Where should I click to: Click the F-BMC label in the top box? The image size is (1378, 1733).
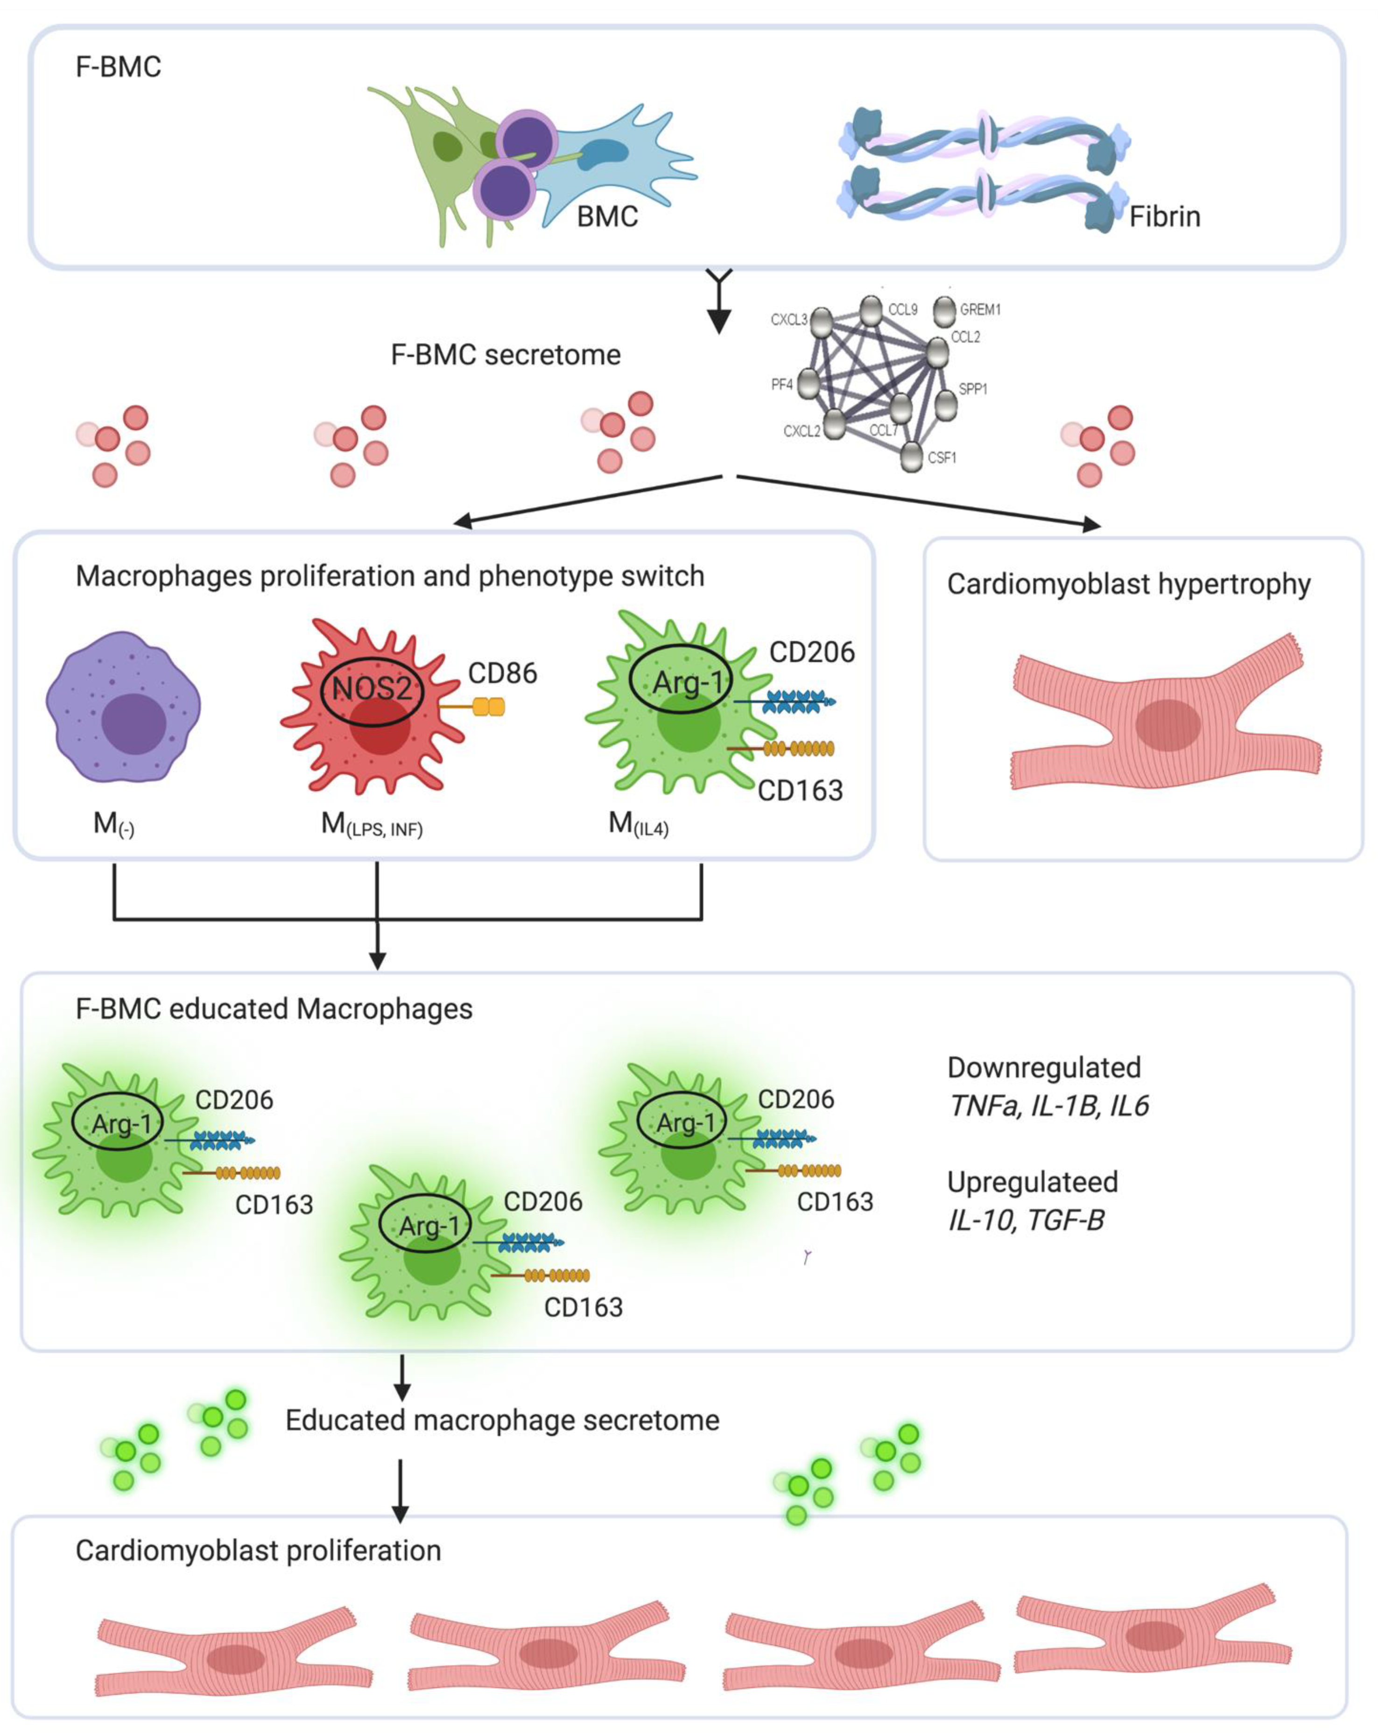pos(118,67)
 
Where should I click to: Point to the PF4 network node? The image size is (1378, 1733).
pos(808,384)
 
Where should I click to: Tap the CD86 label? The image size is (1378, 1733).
pos(502,673)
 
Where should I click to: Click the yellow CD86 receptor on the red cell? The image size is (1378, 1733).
pos(488,707)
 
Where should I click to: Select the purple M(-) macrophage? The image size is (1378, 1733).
pos(123,708)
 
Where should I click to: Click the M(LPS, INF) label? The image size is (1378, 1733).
pos(372,825)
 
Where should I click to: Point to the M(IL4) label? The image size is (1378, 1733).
pos(638,825)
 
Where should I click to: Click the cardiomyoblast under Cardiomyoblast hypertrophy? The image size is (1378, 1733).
pos(1166,723)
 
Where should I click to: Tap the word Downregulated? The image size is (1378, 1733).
pos(1044,1067)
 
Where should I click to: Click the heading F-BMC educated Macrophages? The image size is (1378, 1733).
pos(274,1009)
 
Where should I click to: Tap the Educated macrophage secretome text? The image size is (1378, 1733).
pos(502,1420)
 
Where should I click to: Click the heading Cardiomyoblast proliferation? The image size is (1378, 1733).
pos(258,1551)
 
